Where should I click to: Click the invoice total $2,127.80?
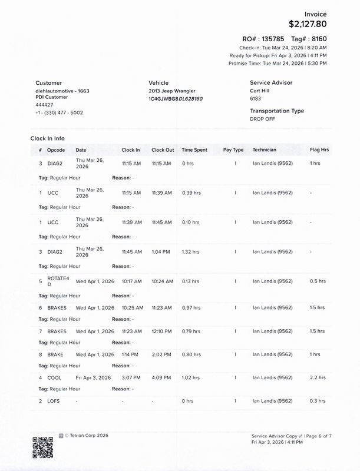[x=307, y=24]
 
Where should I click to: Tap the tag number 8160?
[x=317, y=38]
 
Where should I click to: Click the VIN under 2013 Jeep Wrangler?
[x=176, y=99]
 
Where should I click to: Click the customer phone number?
[x=59, y=112]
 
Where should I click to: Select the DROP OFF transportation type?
[x=262, y=118]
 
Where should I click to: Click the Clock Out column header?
[x=163, y=150]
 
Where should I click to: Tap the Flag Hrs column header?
[x=319, y=150]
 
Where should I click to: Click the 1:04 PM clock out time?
[x=161, y=251]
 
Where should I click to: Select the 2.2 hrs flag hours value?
[x=318, y=377]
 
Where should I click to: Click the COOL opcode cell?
[x=54, y=377]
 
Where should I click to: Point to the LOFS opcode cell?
[x=54, y=401]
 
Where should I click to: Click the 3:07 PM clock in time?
[x=131, y=377]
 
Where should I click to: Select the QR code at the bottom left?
[x=42, y=447]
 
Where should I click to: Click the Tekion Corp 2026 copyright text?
[x=86, y=436]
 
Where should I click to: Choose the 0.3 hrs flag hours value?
[x=318, y=401]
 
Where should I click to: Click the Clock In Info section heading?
[x=48, y=138]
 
